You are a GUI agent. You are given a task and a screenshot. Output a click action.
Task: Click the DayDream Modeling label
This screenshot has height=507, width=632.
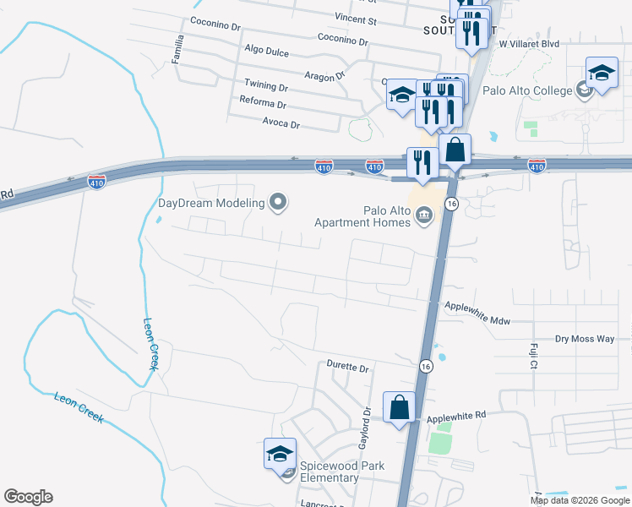[211, 203]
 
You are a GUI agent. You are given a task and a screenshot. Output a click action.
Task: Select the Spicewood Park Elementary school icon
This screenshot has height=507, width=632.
[280, 454]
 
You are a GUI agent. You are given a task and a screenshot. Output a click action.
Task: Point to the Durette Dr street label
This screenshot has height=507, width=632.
[348, 367]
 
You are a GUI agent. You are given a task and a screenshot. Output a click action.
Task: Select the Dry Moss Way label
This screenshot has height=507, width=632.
[584, 339]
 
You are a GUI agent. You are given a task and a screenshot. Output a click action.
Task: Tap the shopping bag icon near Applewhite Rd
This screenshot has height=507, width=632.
[399, 408]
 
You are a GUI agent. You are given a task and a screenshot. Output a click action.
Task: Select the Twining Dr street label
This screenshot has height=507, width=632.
[265, 86]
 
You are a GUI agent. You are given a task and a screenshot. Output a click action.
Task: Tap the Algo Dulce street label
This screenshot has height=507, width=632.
[265, 52]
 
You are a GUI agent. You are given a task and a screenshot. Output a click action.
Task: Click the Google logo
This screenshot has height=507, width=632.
[28, 497]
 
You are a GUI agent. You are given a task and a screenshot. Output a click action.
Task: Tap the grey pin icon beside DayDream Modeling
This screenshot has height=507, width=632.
[278, 202]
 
